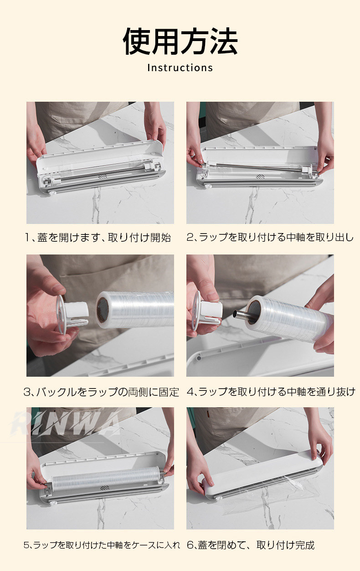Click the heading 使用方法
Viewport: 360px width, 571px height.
[x=180, y=42]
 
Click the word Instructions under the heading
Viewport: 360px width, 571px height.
[x=180, y=68]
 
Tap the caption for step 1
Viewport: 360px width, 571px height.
[x=98, y=238]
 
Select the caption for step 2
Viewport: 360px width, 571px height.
[x=270, y=237]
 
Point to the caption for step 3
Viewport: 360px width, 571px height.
[x=101, y=392]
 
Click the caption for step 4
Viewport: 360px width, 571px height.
[x=271, y=392]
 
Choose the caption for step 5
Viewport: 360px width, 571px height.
[x=102, y=545]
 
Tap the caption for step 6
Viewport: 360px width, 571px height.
[x=251, y=545]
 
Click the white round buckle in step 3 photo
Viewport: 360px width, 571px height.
[x=72, y=313]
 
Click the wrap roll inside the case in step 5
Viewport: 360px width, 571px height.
[x=105, y=477]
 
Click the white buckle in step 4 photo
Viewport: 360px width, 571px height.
[x=207, y=311]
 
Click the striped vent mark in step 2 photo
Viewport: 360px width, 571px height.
[x=260, y=176]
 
